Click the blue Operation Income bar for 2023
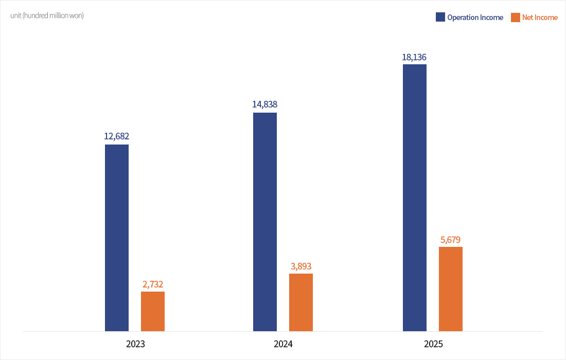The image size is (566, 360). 117,238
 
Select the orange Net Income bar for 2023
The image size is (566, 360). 153,311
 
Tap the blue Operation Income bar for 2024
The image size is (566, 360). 265,222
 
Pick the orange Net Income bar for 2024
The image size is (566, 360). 301,302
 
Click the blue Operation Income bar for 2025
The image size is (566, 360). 415,197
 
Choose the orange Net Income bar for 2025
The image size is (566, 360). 451,289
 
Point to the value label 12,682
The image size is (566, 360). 117,136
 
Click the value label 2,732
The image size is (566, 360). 153,284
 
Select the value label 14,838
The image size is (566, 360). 265,104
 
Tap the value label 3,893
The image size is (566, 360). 301,266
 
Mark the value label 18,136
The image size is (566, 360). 414,57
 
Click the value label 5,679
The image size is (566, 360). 451,239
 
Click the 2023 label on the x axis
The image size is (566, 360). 135,344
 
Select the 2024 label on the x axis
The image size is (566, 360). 283,344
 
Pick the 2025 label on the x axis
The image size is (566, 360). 433,344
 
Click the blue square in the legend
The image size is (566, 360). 440,17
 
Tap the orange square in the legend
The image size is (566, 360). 515,17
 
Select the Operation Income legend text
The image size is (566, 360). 475,17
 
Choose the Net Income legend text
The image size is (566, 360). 540,17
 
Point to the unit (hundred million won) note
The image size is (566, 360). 47,15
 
